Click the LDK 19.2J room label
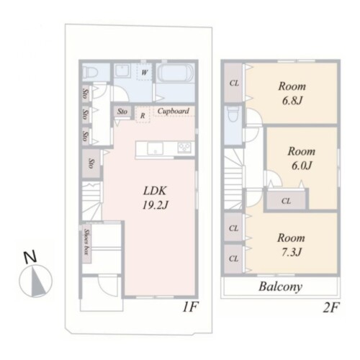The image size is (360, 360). (x=156, y=198)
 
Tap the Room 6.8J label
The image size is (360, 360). (x=292, y=94)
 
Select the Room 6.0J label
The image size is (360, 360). (x=302, y=158)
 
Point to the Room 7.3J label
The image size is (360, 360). (x=291, y=245)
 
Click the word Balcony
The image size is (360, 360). (x=280, y=287)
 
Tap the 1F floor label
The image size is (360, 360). (x=190, y=307)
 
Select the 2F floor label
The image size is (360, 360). (x=331, y=307)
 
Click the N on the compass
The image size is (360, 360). (x=30, y=257)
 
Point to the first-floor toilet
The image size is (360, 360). (x=90, y=71)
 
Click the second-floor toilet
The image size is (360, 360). (x=233, y=114)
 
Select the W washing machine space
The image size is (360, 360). (x=145, y=72)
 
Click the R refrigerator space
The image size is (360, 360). (x=143, y=115)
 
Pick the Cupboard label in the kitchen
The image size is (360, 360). (x=174, y=111)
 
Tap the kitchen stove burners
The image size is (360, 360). (x=184, y=147)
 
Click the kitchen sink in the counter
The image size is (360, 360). (x=155, y=148)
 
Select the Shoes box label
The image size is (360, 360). (x=86, y=242)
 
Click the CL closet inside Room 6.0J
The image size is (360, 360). (x=286, y=200)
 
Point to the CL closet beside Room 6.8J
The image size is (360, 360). (x=234, y=83)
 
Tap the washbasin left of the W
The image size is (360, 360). (x=122, y=71)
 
